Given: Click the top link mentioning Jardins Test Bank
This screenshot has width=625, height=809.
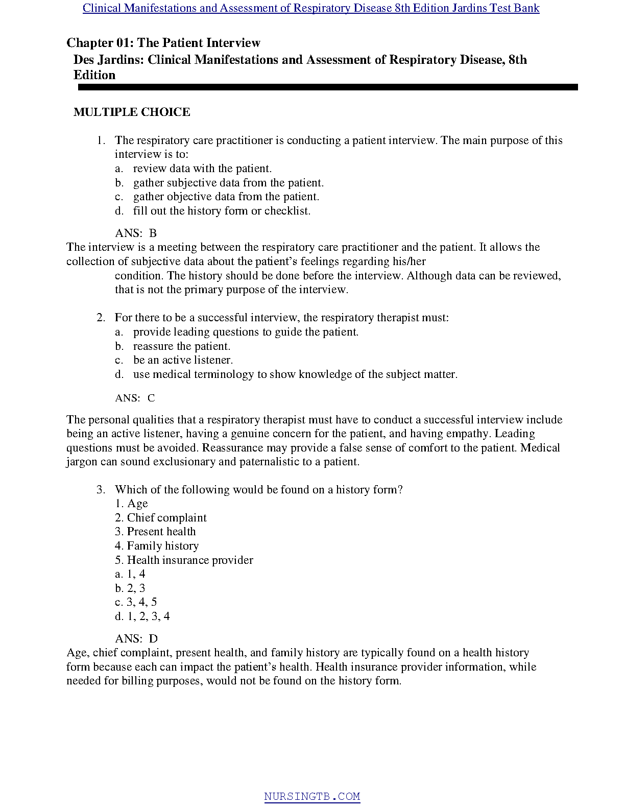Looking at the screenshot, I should (311, 8).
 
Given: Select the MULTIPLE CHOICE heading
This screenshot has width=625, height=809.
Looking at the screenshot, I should (132, 112).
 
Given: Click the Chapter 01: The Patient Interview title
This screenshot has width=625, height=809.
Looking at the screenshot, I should (163, 43).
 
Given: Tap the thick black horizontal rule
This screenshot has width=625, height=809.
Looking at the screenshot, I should (327, 87).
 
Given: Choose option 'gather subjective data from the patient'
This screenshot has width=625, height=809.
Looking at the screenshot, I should (228, 183).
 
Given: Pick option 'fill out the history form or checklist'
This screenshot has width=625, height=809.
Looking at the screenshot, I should (222, 211).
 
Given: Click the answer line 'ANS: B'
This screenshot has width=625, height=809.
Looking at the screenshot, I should (136, 233).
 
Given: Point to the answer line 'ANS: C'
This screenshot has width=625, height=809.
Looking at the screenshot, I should (135, 398).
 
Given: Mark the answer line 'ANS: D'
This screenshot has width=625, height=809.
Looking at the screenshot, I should (136, 638).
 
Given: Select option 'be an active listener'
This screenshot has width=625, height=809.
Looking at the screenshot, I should (183, 360).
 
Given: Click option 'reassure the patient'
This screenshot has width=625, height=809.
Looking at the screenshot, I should (182, 346).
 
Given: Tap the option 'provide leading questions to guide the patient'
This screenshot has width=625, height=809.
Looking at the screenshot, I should (246, 332).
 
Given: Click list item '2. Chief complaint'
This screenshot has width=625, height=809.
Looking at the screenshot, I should (161, 518).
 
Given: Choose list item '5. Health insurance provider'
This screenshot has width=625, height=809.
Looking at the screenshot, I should (184, 560).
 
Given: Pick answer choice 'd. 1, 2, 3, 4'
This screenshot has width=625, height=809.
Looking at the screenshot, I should (142, 616).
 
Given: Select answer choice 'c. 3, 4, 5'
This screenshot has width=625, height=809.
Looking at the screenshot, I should (136, 602).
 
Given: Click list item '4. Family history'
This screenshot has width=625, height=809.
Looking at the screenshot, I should (157, 546).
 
